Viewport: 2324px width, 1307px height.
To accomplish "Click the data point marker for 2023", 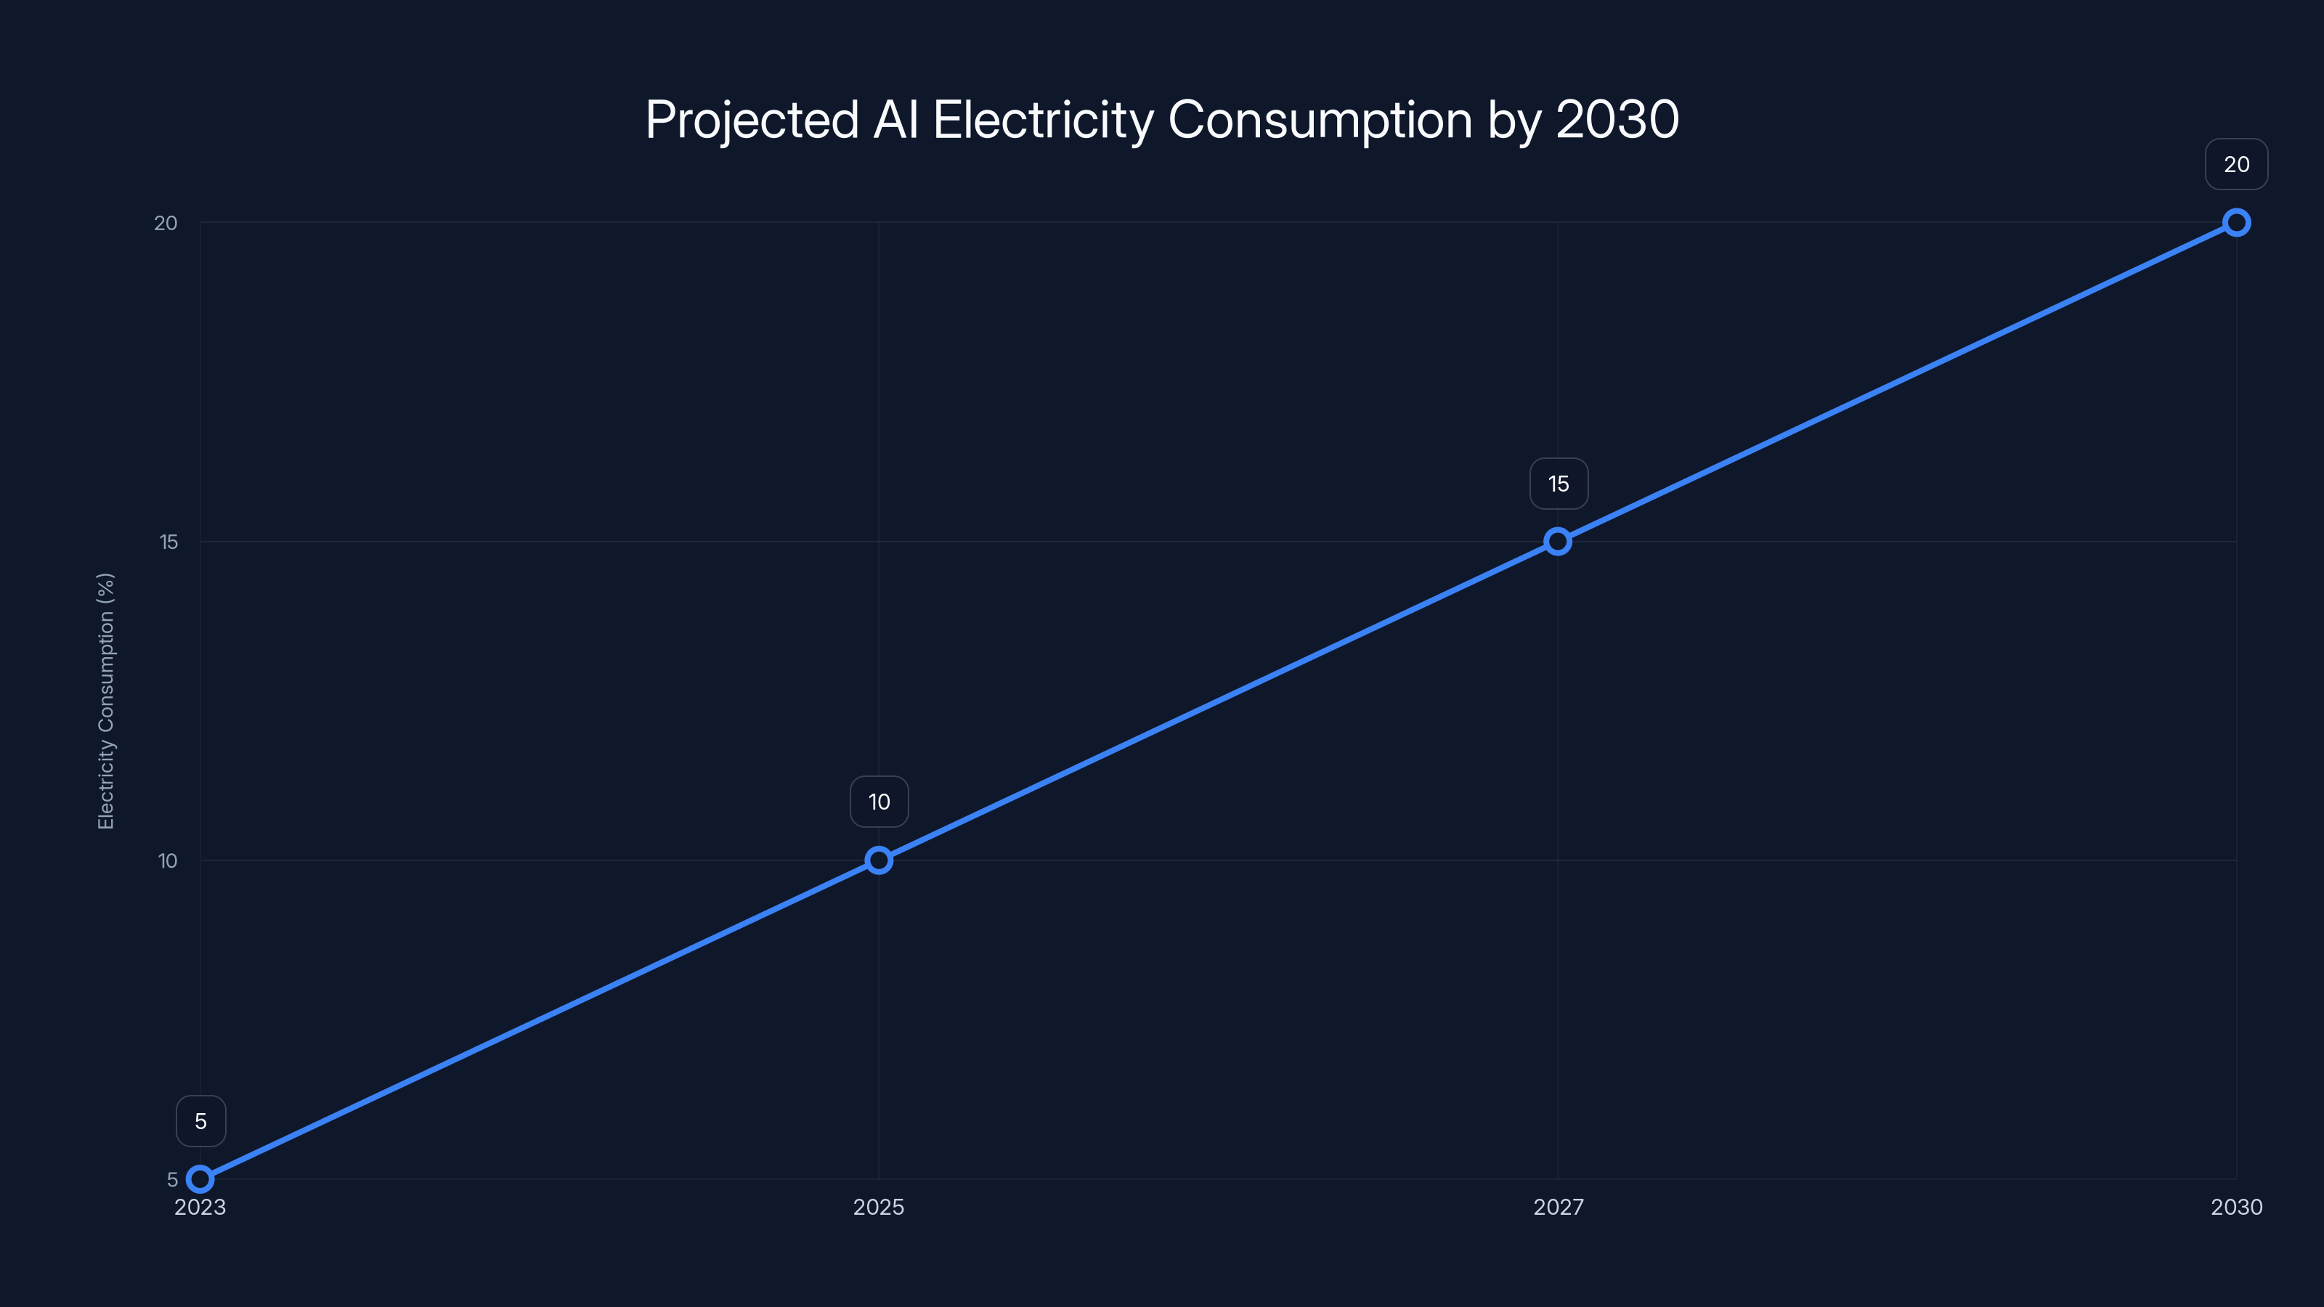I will coord(200,1179).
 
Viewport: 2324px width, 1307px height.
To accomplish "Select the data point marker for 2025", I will coord(879,860).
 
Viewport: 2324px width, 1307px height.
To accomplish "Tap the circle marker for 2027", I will coord(1557,541).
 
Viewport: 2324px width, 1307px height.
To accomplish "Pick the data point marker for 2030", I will coord(2237,223).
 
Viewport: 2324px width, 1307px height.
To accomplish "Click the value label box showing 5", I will coord(200,1121).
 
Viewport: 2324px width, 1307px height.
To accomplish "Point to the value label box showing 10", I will coord(879,802).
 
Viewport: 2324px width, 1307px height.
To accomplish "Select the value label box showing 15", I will coord(1558,484).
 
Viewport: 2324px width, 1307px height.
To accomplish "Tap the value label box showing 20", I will coord(2237,164).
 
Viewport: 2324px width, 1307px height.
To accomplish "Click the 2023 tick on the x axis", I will coord(200,1207).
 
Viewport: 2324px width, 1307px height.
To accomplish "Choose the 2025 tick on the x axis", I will coord(879,1207).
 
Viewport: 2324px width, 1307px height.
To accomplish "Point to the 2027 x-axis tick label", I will coord(1558,1207).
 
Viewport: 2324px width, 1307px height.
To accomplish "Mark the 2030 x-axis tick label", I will coord(2237,1207).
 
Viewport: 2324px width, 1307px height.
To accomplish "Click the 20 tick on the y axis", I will coord(166,223).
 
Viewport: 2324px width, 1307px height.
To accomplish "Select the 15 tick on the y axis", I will coord(168,541).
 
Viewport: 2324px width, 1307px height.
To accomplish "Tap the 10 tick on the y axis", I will coord(168,860).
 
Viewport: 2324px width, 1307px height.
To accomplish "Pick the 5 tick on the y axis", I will coord(172,1180).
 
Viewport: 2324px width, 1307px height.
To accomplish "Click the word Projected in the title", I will coord(752,120).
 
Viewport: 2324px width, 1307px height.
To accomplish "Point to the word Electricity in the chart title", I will coord(1043,120).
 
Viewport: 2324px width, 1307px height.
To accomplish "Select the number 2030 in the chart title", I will coord(1617,120).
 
